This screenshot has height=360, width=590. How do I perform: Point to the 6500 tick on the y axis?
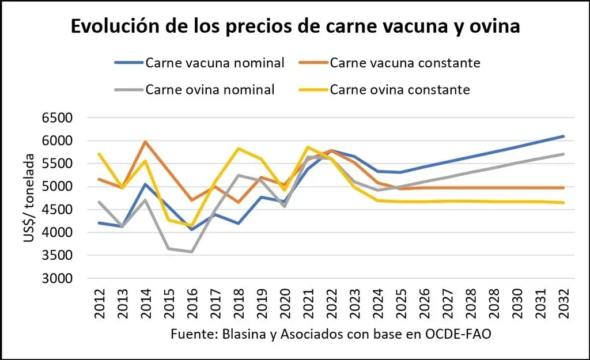56,118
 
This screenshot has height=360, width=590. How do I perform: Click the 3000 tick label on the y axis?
56,279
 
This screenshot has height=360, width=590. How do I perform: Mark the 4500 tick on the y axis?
56,210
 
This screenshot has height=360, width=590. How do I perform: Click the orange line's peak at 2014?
145,141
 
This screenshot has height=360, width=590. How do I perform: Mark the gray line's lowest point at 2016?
191,252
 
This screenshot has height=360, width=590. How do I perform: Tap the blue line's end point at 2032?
562,137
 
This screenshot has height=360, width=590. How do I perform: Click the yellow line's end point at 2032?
562,202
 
